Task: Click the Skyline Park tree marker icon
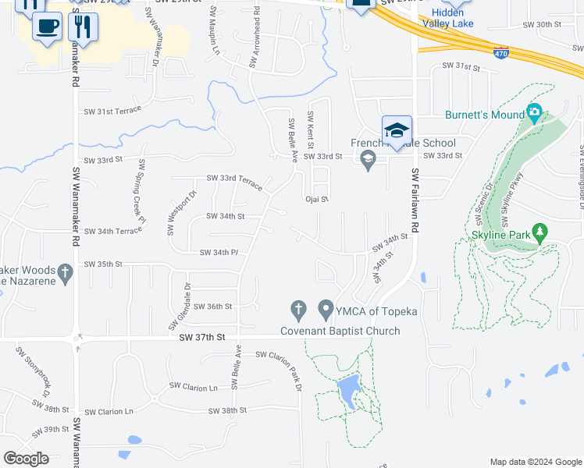point(539,232)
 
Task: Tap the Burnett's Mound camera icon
point(534,113)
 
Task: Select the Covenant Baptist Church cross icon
point(297,310)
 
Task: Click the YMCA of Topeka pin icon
point(326,310)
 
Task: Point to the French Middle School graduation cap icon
point(397,130)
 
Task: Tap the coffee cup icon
point(48,27)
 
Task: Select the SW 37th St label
point(201,338)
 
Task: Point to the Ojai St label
point(316,199)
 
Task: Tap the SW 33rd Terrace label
point(233,179)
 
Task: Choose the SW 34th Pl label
point(219,252)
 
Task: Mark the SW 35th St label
point(103,264)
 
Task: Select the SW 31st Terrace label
point(112,112)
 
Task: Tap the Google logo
point(27,459)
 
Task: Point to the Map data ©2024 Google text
point(535,462)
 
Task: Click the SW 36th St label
point(212,307)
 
